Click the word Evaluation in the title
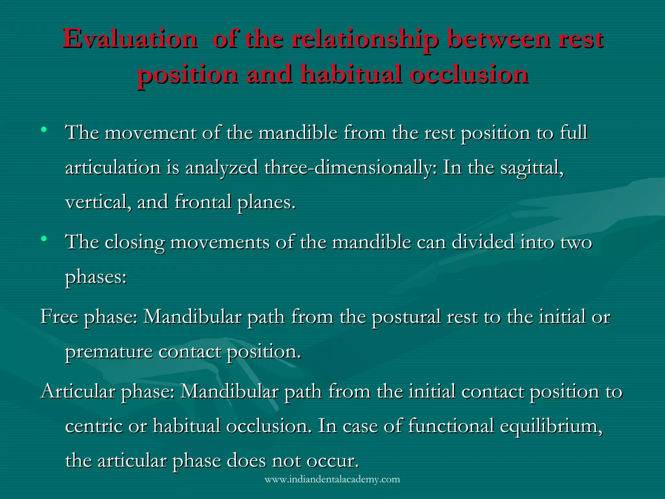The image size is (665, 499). (x=130, y=39)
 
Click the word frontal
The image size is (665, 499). (x=203, y=202)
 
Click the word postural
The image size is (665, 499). (x=406, y=317)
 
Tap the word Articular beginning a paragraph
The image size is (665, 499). (x=78, y=391)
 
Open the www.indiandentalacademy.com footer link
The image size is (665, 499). (x=332, y=480)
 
